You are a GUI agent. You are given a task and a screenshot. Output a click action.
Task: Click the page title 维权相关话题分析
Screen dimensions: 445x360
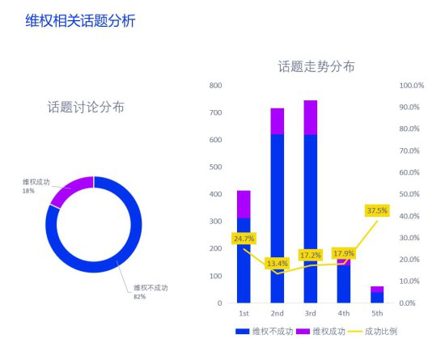(81, 21)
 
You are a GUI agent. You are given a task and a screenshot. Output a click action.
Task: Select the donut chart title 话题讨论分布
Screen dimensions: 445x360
(86, 108)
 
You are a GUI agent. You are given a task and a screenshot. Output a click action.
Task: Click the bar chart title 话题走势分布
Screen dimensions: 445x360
(316, 66)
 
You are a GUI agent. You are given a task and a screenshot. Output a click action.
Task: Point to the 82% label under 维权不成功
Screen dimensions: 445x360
(140, 297)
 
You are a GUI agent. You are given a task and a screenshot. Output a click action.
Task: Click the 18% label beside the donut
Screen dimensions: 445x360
(28, 191)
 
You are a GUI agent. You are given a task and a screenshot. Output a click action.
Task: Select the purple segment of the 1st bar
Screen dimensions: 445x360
(244, 205)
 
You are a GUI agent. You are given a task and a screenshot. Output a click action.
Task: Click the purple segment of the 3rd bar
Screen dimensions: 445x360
(311, 117)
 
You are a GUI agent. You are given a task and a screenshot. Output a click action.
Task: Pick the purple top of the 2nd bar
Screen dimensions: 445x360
(278, 121)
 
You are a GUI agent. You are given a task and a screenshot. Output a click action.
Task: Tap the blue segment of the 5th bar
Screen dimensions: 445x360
(377, 298)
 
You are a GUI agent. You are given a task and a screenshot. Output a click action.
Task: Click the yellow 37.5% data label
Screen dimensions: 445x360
(377, 211)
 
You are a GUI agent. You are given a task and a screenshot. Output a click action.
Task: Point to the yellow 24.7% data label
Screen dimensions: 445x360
(244, 239)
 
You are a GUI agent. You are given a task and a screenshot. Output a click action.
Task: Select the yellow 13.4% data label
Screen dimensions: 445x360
(278, 264)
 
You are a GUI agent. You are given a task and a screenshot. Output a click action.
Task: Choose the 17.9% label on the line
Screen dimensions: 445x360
(344, 253)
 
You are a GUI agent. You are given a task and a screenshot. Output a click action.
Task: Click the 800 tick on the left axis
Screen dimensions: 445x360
(215, 86)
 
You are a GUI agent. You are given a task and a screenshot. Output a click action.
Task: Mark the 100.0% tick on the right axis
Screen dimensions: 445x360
(412, 86)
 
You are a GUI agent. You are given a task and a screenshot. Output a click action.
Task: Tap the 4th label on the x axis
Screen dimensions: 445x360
(344, 313)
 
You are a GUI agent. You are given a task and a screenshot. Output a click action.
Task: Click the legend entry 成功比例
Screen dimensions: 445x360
(373, 332)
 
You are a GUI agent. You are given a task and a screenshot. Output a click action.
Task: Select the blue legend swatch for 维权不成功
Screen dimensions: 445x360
(243, 332)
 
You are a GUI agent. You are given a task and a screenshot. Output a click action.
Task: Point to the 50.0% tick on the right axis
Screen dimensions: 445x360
(409, 194)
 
